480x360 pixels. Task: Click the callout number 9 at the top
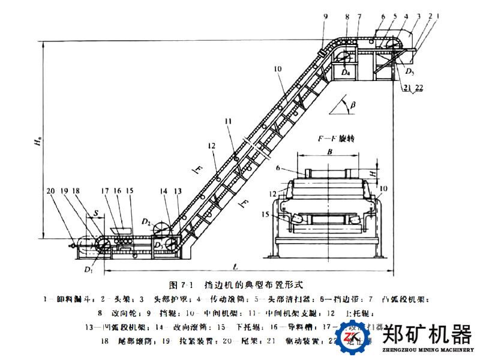click(x=325, y=16)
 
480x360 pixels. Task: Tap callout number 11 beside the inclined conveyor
click(x=227, y=121)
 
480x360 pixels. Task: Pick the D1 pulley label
click(x=89, y=269)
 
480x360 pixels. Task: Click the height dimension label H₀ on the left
click(x=37, y=143)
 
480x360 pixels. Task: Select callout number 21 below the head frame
click(x=407, y=88)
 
